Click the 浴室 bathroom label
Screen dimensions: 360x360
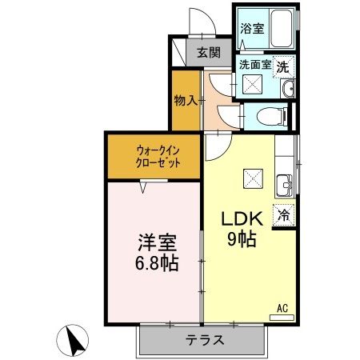(x=253, y=29)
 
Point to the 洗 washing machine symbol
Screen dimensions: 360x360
(x=283, y=67)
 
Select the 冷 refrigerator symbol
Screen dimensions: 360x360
(x=283, y=214)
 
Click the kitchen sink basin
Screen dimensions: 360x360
(x=284, y=188)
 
